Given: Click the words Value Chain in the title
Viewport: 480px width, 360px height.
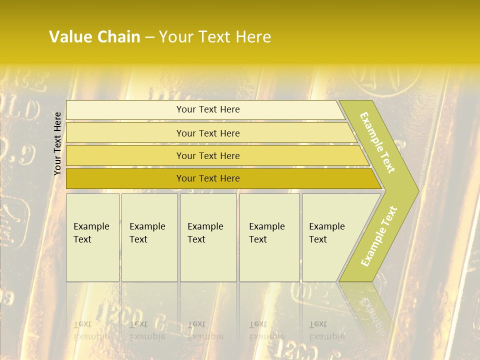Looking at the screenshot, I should click(94, 37).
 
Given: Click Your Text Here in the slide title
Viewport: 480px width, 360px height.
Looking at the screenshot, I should click(215, 37).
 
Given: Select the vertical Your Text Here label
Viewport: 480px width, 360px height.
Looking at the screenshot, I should click(57, 143).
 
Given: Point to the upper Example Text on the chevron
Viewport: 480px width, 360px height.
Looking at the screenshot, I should click(377, 142).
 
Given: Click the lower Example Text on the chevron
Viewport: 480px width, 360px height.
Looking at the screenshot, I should click(378, 236).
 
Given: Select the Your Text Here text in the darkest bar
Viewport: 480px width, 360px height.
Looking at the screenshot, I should click(208, 178).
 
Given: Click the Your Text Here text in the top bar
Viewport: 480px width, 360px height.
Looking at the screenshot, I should click(208, 109).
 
